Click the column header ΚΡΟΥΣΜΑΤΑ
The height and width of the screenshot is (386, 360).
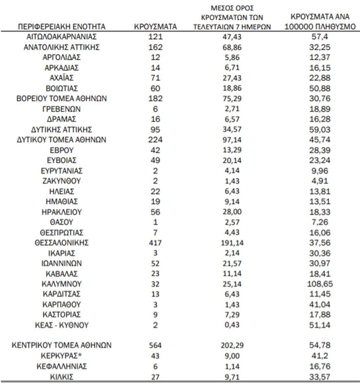pyautogui.click(x=155, y=27)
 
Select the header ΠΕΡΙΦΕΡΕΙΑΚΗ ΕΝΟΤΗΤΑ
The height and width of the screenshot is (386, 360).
pyautogui.click(x=62, y=27)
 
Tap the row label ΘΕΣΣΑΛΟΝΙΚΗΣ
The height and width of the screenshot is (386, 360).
pyautogui.click(x=62, y=243)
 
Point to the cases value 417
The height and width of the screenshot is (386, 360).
pyautogui.click(x=155, y=243)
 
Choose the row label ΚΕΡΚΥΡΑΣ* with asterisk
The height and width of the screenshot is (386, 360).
pyautogui.click(x=62, y=356)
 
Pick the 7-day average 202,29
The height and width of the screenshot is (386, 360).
pyautogui.click(x=232, y=345)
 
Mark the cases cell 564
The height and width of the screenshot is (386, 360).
pyautogui.click(x=155, y=345)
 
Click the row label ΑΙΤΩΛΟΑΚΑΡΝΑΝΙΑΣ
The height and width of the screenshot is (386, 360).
pyautogui.click(x=62, y=37)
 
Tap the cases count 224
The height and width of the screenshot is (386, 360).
pyautogui.click(x=155, y=140)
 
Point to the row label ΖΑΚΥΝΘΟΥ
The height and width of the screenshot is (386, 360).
pyautogui.click(x=62, y=181)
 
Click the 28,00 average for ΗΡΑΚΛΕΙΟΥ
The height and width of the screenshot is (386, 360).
pyautogui.click(x=232, y=212)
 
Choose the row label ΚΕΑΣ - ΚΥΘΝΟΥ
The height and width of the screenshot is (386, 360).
pyautogui.click(x=62, y=325)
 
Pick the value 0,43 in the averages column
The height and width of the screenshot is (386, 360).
pyautogui.click(x=232, y=325)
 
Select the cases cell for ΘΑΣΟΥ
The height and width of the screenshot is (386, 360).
pyautogui.click(x=155, y=222)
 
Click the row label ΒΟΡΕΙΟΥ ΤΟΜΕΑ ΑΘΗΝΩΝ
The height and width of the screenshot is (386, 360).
pyautogui.click(x=62, y=98)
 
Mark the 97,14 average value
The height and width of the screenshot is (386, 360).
pyautogui.click(x=232, y=140)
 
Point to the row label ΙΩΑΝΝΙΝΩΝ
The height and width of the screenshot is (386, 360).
pyautogui.click(x=62, y=263)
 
